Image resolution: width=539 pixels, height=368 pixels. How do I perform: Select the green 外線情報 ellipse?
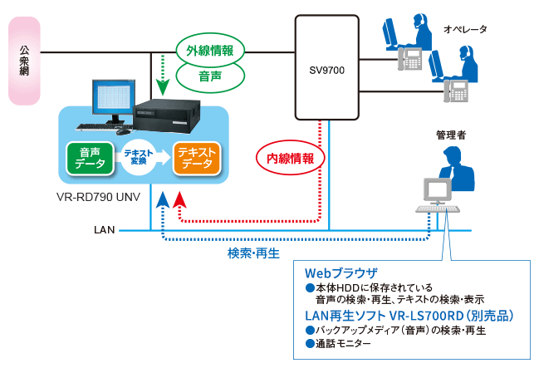point(209,50)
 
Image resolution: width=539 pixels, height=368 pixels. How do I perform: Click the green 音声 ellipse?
point(209,76)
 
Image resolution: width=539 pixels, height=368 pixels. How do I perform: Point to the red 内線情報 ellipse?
point(285,157)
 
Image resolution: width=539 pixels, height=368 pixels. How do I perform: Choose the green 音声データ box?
point(91,158)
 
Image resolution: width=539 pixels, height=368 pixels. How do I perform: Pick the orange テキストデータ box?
point(197,158)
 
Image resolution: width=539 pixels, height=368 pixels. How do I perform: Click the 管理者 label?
point(451,135)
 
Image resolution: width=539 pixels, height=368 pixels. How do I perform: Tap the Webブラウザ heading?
point(341,272)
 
